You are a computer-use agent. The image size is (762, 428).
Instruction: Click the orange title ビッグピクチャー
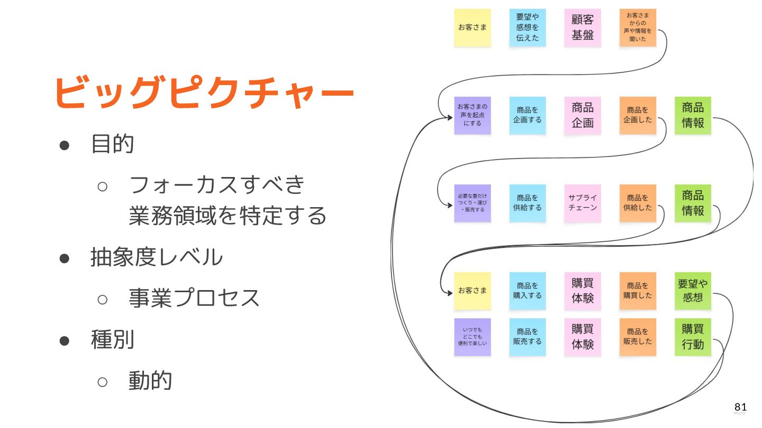[204, 93]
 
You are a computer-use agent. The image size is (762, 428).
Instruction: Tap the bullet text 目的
[112, 144]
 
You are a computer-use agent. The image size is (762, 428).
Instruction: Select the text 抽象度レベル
[157, 257]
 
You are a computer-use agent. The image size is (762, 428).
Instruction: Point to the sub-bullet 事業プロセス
[194, 298]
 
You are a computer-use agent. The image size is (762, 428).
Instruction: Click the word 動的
[150, 380]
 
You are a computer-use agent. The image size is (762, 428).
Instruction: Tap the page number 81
[740, 407]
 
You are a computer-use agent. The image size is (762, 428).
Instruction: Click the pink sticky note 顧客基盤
[583, 27]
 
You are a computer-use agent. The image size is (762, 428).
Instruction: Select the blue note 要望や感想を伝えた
[528, 27]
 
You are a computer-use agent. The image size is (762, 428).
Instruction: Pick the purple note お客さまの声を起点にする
[473, 115]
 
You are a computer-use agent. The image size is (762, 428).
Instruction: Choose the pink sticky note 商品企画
[583, 115]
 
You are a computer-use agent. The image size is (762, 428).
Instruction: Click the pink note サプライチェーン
[583, 203]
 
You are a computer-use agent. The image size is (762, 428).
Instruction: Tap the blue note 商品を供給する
[528, 203]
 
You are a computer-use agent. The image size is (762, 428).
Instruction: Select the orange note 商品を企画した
[638, 115]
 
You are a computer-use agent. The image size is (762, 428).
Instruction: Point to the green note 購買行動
[693, 337]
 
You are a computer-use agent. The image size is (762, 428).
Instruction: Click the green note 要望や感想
[693, 291]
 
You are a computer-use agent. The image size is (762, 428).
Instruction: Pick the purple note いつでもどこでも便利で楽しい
[473, 337]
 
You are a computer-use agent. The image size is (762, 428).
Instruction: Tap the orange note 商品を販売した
[638, 337]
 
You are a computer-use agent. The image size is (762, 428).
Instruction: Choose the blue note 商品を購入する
[528, 291]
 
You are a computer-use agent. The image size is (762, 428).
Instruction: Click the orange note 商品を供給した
[638, 203]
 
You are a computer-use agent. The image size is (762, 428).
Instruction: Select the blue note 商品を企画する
[528, 115]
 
